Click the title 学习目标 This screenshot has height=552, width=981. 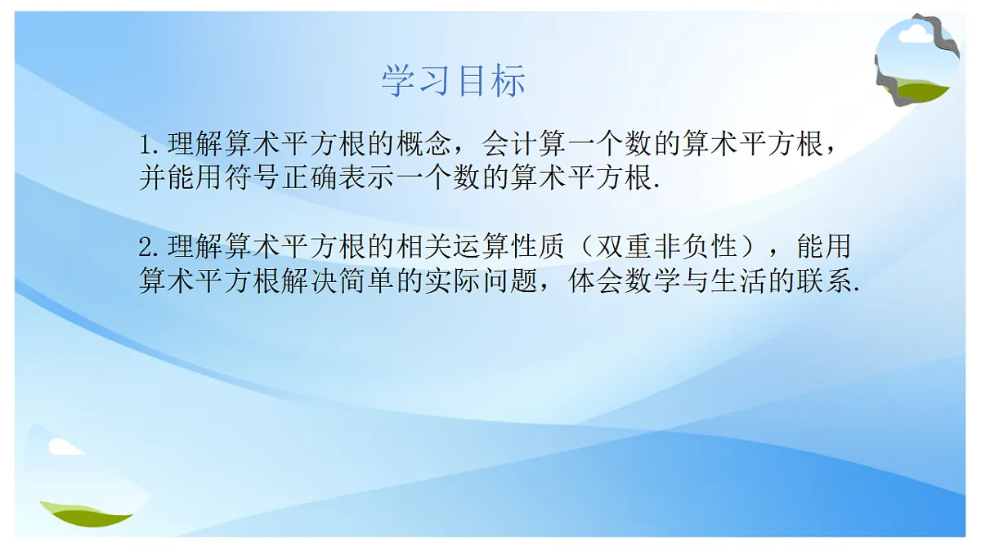(454, 81)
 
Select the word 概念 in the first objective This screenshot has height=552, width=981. (424, 146)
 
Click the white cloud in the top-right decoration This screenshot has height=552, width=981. (914, 33)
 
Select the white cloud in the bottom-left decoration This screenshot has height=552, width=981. (64, 447)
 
